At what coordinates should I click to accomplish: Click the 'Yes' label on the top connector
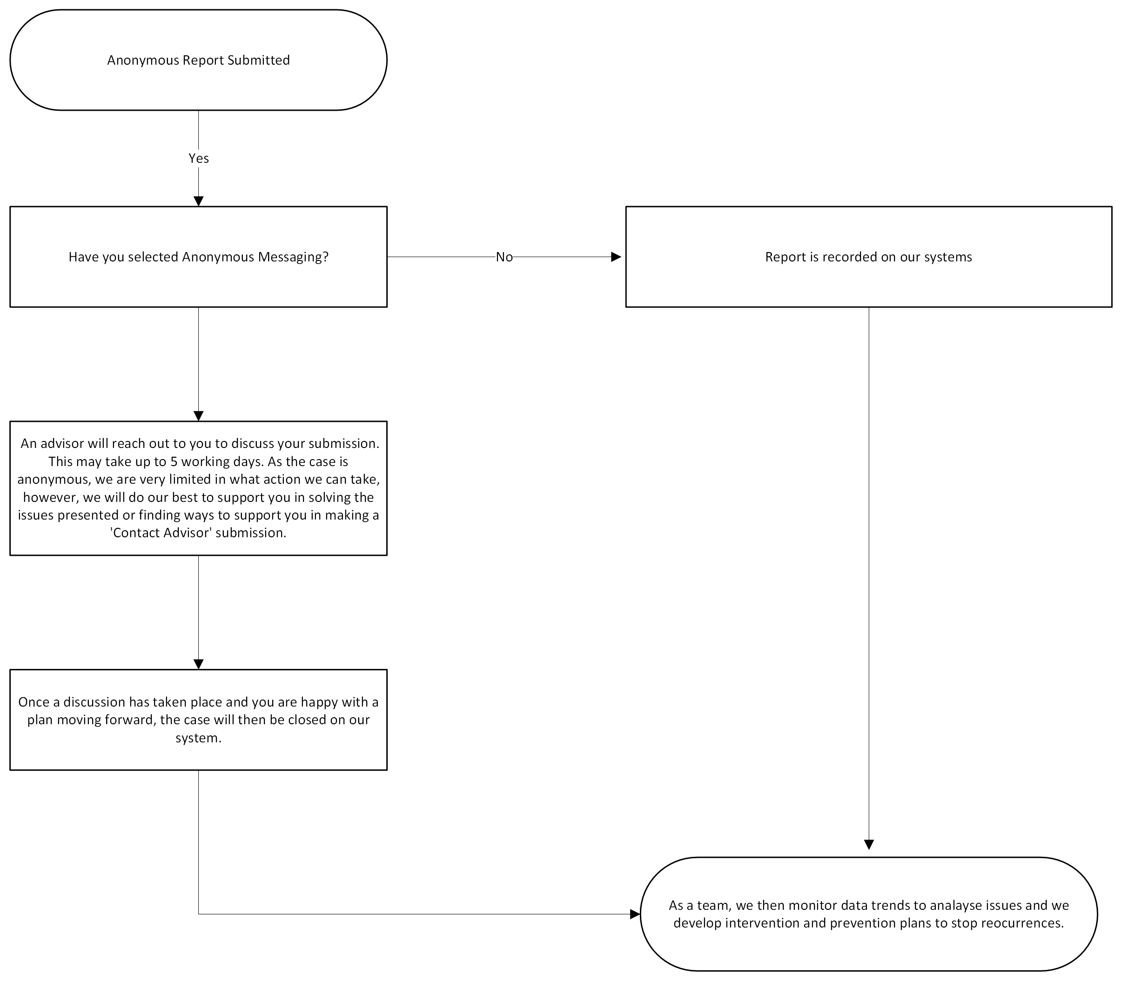click(x=199, y=158)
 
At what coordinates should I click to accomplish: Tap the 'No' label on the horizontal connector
click(x=504, y=257)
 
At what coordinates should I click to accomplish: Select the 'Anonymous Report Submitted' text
click(x=199, y=60)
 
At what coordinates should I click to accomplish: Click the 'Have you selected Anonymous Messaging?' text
click(x=199, y=257)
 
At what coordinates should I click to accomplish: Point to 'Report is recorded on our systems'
click(x=868, y=257)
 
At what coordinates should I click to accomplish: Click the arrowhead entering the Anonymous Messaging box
click(x=199, y=201)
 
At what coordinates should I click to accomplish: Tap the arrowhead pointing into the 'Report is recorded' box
click(x=616, y=257)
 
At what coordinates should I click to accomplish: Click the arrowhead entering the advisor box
click(x=199, y=415)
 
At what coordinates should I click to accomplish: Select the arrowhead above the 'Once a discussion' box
click(x=199, y=664)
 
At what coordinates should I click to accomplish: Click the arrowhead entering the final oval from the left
click(x=635, y=914)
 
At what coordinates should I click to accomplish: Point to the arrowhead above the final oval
click(x=868, y=844)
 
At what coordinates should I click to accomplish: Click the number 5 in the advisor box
click(x=174, y=461)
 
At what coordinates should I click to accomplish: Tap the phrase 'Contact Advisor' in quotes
click(x=161, y=533)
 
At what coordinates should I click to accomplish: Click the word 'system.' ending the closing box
click(x=199, y=738)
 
